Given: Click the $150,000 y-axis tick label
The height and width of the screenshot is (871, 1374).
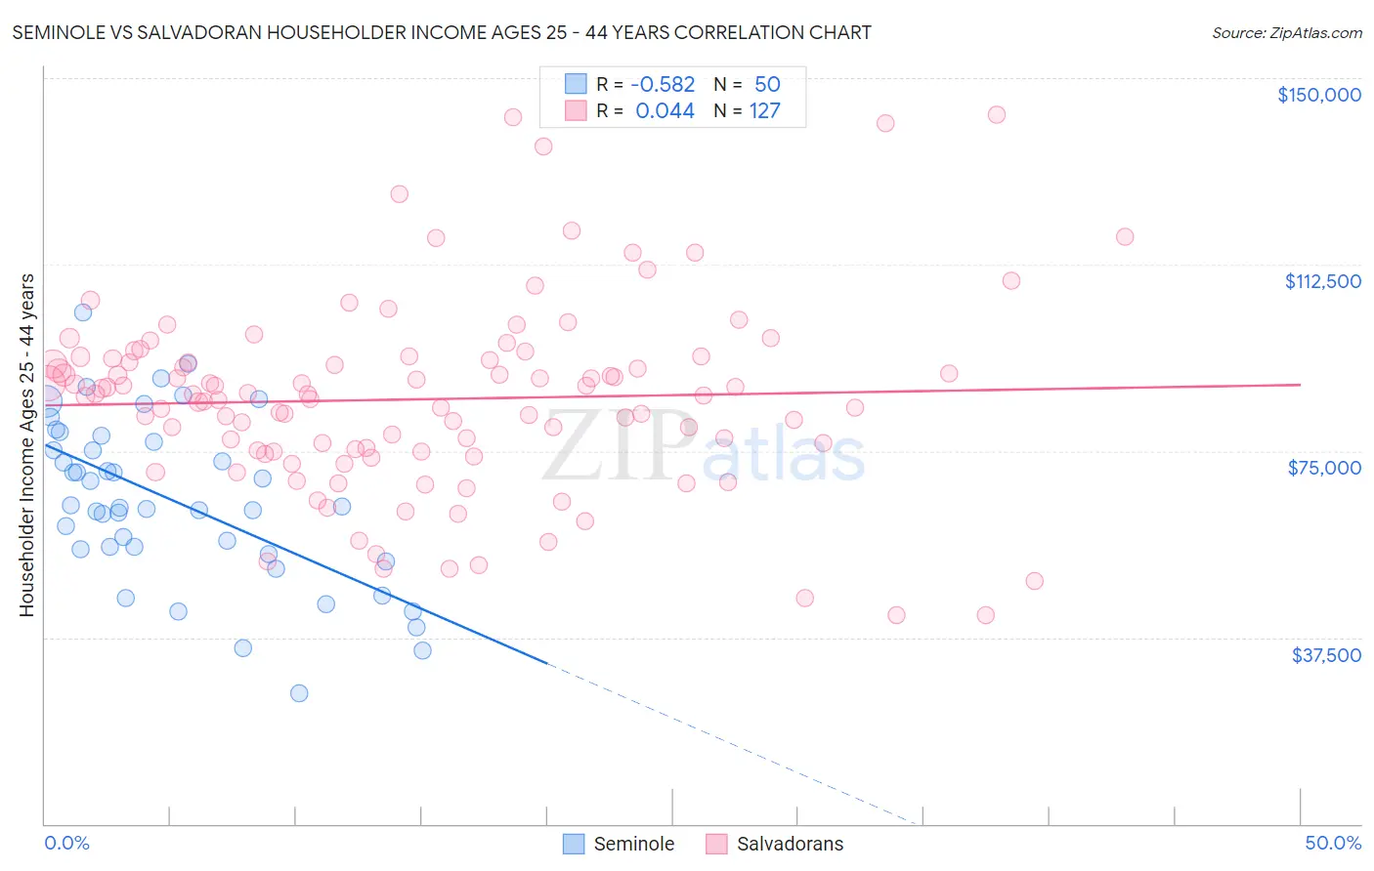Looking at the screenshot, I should click(1318, 95).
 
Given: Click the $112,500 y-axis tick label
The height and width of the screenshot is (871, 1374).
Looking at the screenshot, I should click(1322, 281).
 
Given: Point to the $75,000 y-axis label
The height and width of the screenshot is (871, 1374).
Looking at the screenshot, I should click(1324, 468).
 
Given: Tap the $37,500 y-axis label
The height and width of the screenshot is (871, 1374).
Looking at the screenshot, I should click(1326, 655).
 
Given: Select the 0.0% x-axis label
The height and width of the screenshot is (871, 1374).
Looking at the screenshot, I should click(66, 843).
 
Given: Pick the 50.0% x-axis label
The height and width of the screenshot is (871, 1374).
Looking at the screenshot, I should click(1333, 843).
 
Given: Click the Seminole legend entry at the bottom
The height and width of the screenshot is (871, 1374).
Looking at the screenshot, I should click(633, 844).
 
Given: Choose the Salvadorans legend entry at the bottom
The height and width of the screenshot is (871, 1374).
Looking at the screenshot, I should click(790, 844).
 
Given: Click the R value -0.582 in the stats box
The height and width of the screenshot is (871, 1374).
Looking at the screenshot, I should click(663, 84).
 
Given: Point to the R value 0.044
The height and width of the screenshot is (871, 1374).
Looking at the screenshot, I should click(665, 111).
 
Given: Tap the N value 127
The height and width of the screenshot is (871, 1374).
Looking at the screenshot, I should click(764, 111).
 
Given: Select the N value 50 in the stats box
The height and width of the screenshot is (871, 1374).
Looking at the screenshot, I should click(767, 84).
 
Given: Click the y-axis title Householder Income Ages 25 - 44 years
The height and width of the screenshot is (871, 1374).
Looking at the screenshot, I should click(26, 445).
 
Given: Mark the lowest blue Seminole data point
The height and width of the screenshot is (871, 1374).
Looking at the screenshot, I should click(299, 693).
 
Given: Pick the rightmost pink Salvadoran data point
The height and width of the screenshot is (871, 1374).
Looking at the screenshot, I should click(1125, 237).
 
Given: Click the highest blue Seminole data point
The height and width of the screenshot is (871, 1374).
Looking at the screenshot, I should click(83, 312).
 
